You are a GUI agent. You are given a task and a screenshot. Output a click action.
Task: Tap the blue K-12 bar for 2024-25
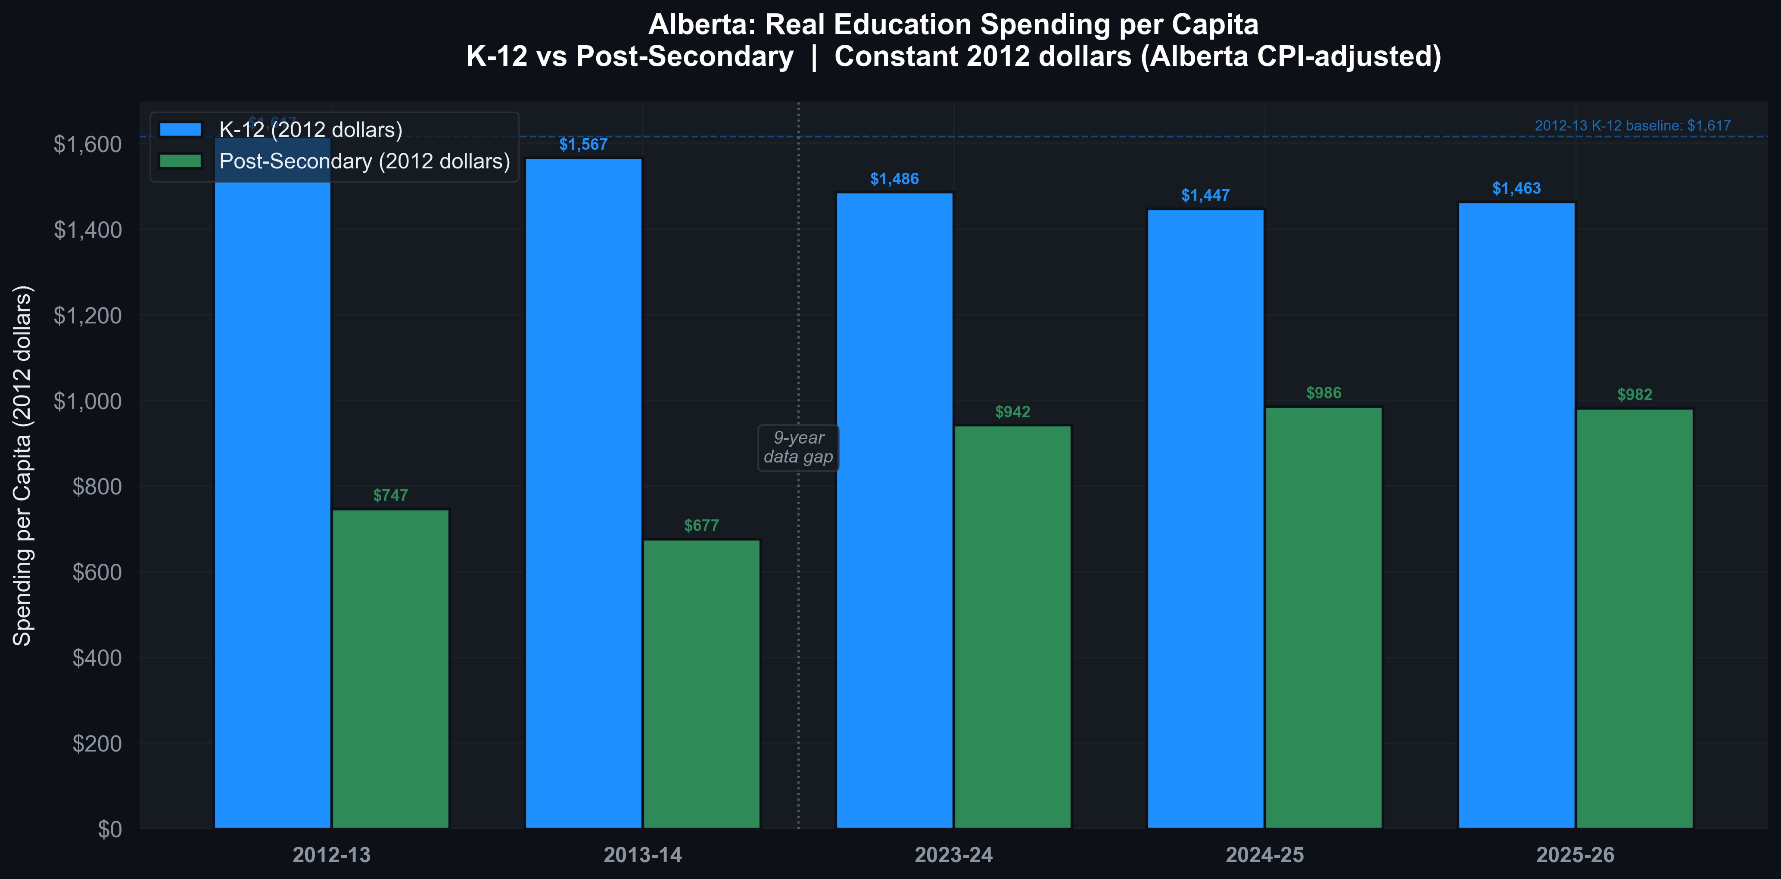[x=1206, y=518]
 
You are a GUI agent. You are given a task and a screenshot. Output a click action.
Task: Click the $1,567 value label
[x=583, y=144]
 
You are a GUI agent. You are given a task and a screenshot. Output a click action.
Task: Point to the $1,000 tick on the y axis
[x=88, y=401]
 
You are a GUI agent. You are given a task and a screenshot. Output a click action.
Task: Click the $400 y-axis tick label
[x=97, y=658]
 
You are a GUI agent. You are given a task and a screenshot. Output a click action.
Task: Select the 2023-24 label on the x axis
[x=953, y=855]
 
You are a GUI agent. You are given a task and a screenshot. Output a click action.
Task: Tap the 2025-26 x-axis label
[x=1575, y=855]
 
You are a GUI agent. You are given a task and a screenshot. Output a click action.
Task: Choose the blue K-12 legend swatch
[x=181, y=129]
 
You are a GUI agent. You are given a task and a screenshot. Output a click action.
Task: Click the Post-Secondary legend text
[x=364, y=161]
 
